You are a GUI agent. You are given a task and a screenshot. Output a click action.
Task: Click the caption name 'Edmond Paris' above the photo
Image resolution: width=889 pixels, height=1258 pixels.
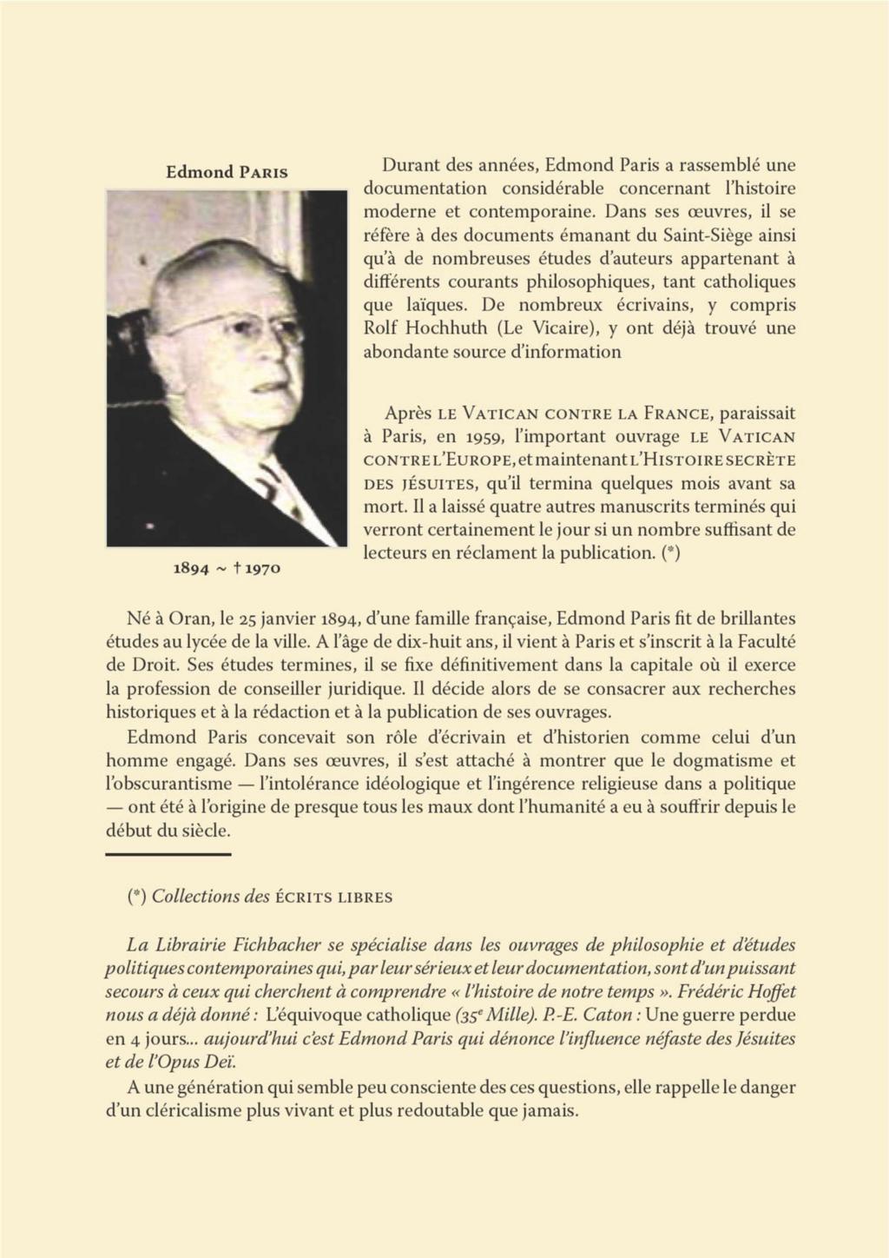(227, 171)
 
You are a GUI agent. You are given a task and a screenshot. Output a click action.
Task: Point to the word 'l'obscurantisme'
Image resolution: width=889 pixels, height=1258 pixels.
(163, 783)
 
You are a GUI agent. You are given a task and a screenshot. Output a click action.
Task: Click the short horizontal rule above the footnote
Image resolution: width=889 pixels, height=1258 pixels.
(168, 855)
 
